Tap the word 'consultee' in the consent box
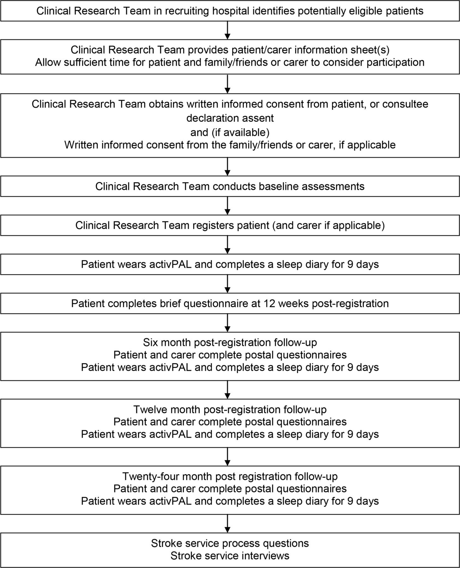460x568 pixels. click(x=405, y=104)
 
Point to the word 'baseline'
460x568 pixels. click(x=278, y=186)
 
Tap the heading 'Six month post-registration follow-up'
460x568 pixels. click(x=230, y=342)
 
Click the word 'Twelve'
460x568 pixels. click(x=150, y=409)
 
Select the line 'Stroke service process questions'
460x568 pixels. click(x=230, y=543)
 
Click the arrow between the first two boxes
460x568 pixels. click(x=227, y=30)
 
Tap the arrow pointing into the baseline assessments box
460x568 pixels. click(x=227, y=167)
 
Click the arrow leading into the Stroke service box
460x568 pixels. click(x=227, y=524)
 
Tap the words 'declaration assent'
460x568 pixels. click(x=230, y=118)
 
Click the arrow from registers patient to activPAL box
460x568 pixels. click(x=227, y=245)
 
